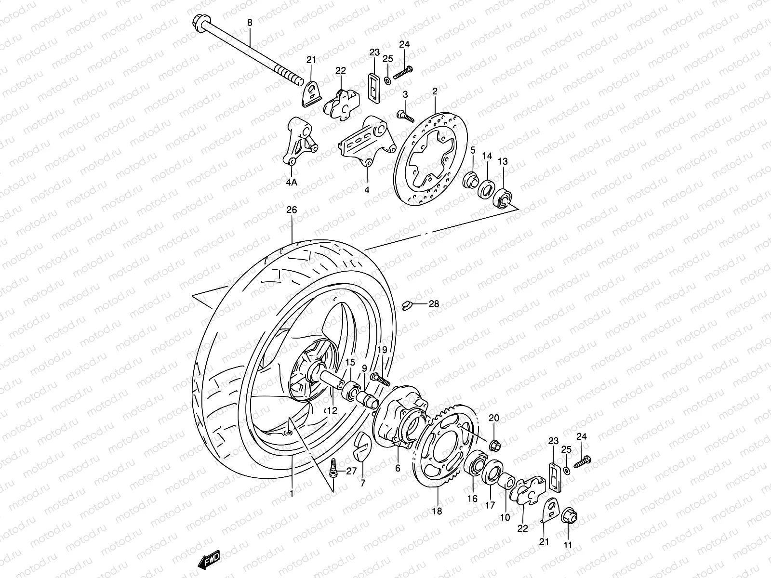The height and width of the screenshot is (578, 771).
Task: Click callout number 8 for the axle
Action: (x=250, y=22)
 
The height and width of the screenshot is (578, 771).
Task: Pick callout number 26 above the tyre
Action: (x=292, y=210)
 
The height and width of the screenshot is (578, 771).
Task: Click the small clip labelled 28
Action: (x=407, y=304)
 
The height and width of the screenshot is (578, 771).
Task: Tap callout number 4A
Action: (x=292, y=183)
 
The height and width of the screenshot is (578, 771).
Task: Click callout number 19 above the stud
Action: (x=382, y=349)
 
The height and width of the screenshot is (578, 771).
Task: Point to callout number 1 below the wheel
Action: (x=291, y=493)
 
